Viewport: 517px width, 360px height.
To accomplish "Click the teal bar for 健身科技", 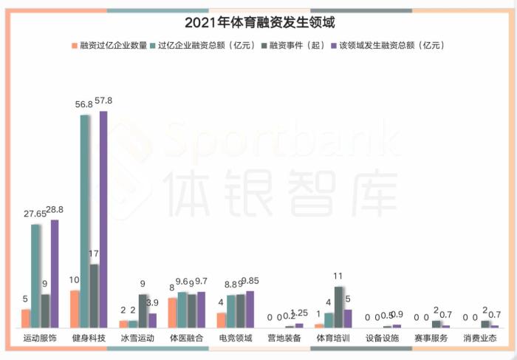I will [x=84, y=222].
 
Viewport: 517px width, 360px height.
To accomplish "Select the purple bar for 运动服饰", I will [x=55, y=274].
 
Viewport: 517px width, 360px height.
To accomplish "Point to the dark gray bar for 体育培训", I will [x=338, y=307].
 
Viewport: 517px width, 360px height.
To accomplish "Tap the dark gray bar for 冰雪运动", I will [x=143, y=310].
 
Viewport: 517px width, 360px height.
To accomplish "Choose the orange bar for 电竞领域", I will [x=221, y=319].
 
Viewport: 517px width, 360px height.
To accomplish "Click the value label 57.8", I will [x=105, y=101].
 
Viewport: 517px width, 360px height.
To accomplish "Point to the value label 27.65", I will [x=35, y=214].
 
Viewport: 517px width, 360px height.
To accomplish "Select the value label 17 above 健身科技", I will [x=94, y=254].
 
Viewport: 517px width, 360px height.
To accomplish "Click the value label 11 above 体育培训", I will [x=338, y=276].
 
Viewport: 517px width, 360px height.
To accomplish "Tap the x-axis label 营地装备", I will [x=284, y=338].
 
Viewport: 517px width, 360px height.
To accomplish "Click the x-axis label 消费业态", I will [x=480, y=338].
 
